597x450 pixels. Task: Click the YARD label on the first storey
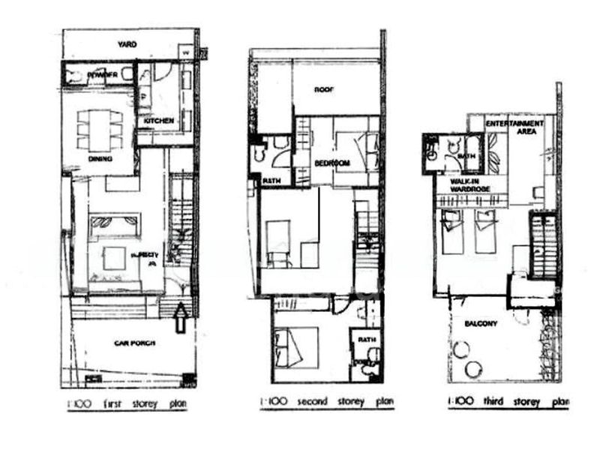[127, 45]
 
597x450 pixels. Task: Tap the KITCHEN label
[159, 120]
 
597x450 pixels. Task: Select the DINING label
[100, 159]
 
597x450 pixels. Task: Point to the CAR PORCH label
[134, 343]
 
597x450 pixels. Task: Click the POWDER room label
[101, 75]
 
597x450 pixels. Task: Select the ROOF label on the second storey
[324, 89]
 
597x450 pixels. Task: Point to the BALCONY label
[481, 324]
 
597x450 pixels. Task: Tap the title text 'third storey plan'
[507, 402]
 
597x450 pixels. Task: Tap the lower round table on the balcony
[475, 368]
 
